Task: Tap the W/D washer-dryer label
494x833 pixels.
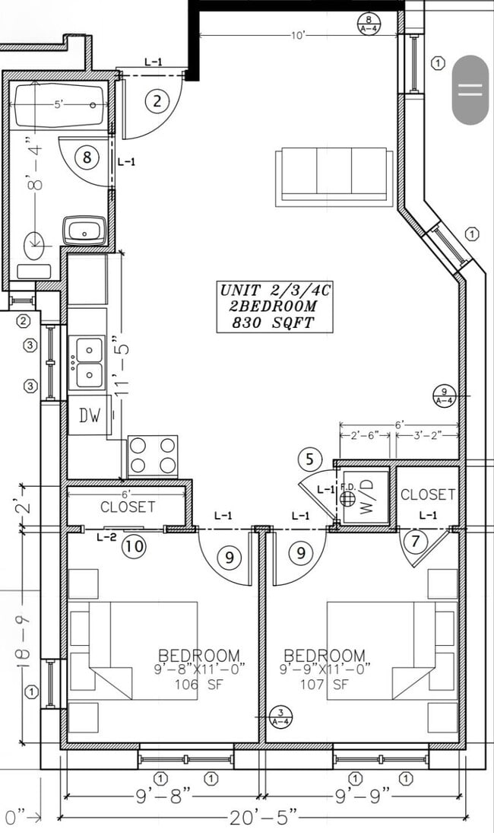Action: pyautogui.click(x=369, y=498)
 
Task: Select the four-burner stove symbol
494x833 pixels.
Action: pyautogui.click(x=152, y=456)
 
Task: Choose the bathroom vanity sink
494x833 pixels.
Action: pyautogui.click(x=84, y=230)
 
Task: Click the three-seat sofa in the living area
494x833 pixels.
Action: pyautogui.click(x=334, y=175)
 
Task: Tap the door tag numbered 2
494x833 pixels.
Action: pyautogui.click(x=157, y=100)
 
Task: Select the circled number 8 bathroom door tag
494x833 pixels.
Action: pyautogui.click(x=87, y=157)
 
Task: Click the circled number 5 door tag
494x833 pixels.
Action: pyautogui.click(x=309, y=459)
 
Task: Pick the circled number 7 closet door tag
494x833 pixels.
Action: pyautogui.click(x=415, y=542)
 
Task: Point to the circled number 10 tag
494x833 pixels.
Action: pyautogui.click(x=135, y=545)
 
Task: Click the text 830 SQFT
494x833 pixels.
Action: pyautogui.click(x=275, y=323)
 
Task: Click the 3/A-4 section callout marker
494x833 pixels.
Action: pyautogui.click(x=280, y=717)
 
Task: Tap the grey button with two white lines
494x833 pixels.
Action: pyautogui.click(x=470, y=90)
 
